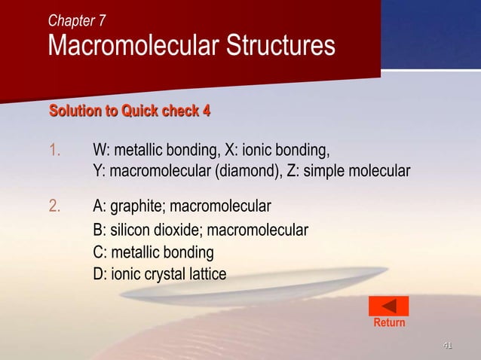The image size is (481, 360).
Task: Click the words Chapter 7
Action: (77, 20)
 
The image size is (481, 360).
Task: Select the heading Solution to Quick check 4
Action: (130, 112)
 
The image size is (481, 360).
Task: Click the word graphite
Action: (138, 206)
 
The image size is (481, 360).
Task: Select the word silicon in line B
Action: (130, 230)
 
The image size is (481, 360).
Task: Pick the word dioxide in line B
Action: (179, 230)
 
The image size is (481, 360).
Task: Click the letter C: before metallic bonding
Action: (100, 252)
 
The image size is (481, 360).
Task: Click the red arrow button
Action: (388, 306)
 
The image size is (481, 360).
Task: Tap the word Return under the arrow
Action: (389, 322)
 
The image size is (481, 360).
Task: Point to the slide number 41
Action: (447, 346)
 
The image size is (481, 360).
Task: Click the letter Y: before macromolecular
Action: (100, 171)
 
